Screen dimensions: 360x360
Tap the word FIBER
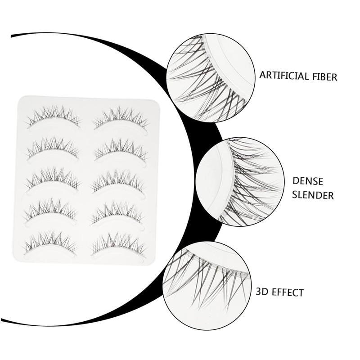[323, 76]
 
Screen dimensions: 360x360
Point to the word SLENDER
[313, 196]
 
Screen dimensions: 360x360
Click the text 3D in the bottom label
[262, 292]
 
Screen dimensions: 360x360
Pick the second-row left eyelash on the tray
[53, 148]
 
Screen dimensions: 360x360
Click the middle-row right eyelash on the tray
[120, 180]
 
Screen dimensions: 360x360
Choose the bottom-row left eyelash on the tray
[50, 242]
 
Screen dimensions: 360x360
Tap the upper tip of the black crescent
[13, 35]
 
